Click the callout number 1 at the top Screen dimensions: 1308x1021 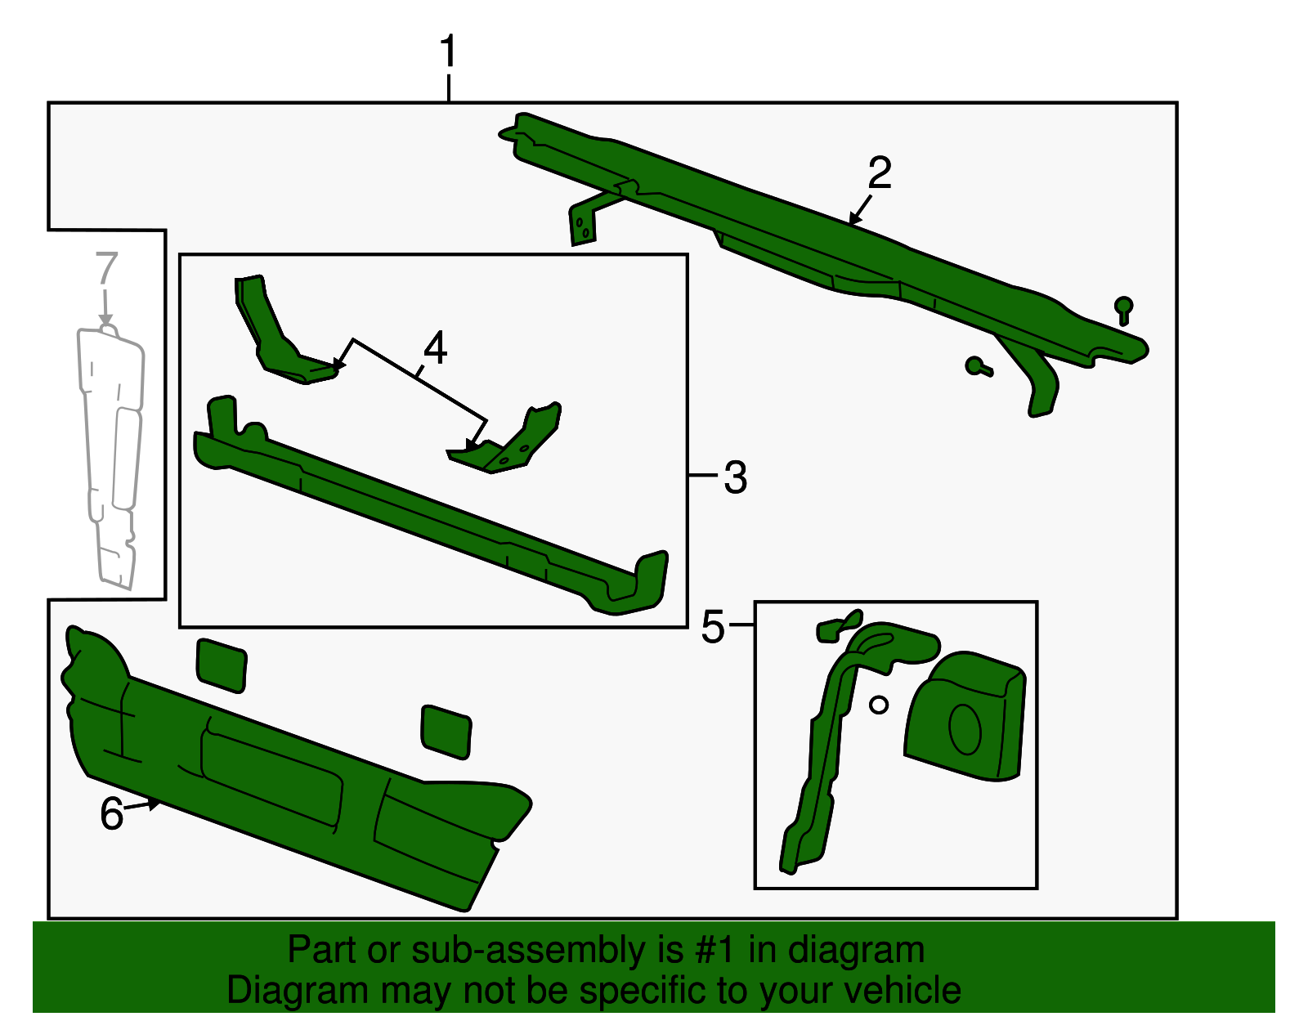(x=449, y=51)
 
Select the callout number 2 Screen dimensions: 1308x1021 (x=880, y=172)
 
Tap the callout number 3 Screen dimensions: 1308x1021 (x=735, y=477)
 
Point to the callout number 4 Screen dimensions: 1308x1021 (x=435, y=347)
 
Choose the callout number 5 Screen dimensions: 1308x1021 (x=713, y=627)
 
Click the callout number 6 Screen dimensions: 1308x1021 (x=112, y=813)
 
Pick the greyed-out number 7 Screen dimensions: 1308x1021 (x=106, y=268)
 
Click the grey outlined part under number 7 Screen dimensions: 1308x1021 (x=110, y=457)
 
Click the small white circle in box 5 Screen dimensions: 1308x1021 (x=879, y=705)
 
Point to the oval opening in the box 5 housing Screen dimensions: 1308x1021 (x=965, y=728)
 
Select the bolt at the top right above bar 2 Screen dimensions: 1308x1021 (x=1123, y=310)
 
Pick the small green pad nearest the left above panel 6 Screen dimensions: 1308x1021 (x=221, y=665)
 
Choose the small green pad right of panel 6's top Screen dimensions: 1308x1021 (x=446, y=732)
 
